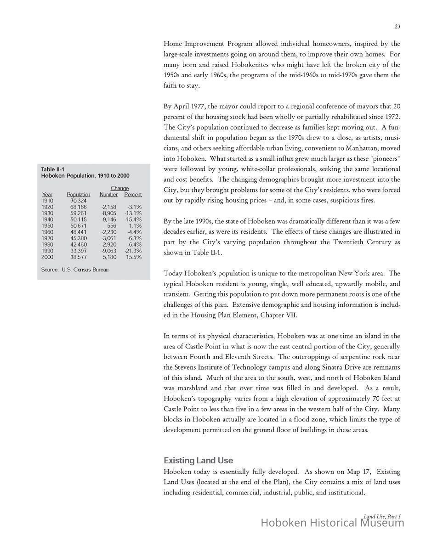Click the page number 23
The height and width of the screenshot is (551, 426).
click(x=397, y=27)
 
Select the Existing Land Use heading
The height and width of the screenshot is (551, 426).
click(x=198, y=460)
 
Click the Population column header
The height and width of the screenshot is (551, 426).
click(x=79, y=195)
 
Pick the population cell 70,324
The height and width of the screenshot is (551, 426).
click(x=78, y=201)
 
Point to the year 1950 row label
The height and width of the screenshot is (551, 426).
click(x=47, y=226)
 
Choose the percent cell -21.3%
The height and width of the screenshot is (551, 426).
click(x=133, y=251)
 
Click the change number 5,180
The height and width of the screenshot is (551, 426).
click(x=109, y=257)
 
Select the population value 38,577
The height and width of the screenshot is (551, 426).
click(x=78, y=257)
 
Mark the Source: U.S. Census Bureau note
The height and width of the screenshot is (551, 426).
click(x=75, y=270)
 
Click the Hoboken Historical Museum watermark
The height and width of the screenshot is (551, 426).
click(x=332, y=523)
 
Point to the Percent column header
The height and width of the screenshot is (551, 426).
click(x=133, y=195)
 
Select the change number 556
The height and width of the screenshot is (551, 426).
click(x=112, y=226)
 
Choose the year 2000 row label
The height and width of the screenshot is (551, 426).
click(x=47, y=257)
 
